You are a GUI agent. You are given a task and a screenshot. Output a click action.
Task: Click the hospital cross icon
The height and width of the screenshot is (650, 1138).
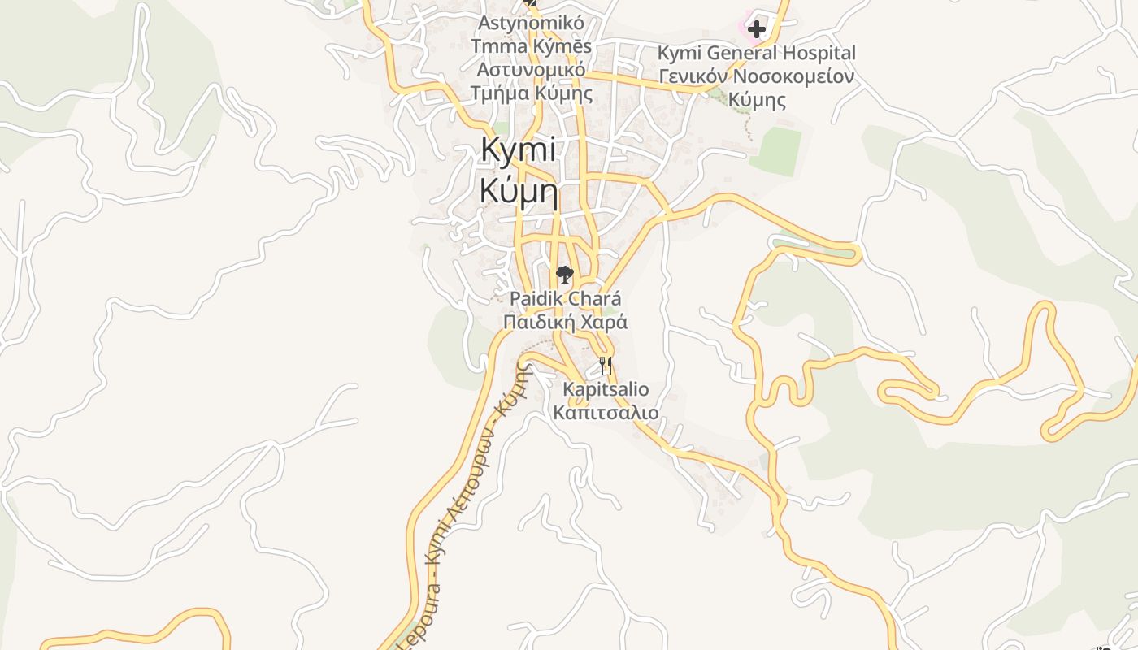pyautogui.click(x=757, y=30)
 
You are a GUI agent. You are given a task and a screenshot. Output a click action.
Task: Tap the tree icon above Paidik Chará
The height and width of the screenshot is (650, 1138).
pyautogui.click(x=565, y=275)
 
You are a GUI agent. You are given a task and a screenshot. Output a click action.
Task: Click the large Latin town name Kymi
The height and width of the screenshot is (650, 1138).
pyautogui.click(x=519, y=150)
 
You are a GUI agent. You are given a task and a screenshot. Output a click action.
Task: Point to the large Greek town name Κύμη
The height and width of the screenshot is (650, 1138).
pyautogui.click(x=519, y=191)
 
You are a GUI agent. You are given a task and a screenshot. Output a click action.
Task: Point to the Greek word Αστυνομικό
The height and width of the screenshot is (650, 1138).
pyautogui.click(x=531, y=70)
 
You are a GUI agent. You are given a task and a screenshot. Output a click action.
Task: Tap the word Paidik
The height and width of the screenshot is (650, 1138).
pyautogui.click(x=538, y=298)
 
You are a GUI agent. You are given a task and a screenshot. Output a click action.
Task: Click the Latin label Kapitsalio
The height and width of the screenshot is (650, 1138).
pyautogui.click(x=606, y=389)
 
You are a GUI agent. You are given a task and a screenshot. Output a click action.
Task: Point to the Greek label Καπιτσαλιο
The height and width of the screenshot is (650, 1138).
pyautogui.click(x=606, y=413)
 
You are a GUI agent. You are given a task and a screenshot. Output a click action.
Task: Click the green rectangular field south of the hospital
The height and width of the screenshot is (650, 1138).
pyautogui.click(x=775, y=152)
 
